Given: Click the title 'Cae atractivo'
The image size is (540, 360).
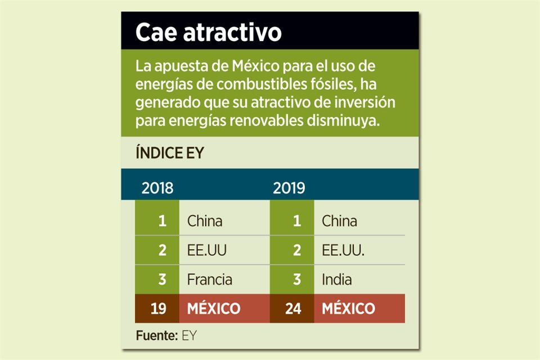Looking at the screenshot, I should click(x=208, y=33).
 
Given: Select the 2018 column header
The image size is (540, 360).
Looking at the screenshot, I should click(x=157, y=188).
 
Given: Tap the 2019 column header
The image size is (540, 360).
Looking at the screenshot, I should click(x=289, y=188).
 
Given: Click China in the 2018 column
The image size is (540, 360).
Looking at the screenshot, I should click(x=205, y=221).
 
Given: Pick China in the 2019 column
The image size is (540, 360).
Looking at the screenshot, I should click(x=339, y=221).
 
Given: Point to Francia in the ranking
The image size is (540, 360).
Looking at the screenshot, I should click(x=210, y=279).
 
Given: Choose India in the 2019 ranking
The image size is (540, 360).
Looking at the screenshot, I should click(x=337, y=279).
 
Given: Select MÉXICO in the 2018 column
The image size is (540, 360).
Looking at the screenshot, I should click(x=214, y=309).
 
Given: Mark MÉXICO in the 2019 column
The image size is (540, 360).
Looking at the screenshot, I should click(x=348, y=309).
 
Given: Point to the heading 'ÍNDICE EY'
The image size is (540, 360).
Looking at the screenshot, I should click(x=169, y=153).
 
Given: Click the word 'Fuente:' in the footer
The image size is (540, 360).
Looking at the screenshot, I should click(x=157, y=336).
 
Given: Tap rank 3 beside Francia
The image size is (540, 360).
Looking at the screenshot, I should click(x=162, y=279).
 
